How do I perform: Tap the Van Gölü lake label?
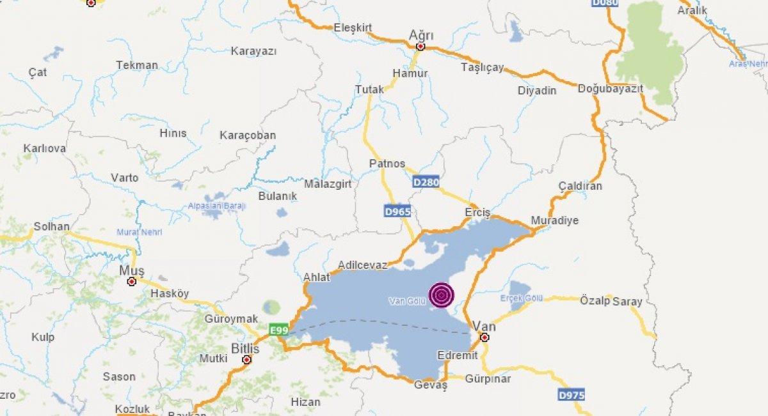[407, 301]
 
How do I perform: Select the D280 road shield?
[426, 183]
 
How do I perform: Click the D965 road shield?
[397, 212]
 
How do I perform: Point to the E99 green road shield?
[278, 330]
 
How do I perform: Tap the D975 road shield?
[571, 395]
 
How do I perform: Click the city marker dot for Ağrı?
[420, 47]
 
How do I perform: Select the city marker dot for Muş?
[132, 281]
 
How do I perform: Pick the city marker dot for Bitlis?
[246, 360]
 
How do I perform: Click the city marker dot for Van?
[484, 337]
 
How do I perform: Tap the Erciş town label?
[477, 212]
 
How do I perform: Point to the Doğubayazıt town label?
[610, 89]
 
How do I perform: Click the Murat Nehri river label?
[139, 232]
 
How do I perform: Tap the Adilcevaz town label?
[362, 263]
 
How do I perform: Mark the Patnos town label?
[387, 164]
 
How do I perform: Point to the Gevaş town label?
[430, 385]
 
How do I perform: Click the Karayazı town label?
[253, 51]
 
